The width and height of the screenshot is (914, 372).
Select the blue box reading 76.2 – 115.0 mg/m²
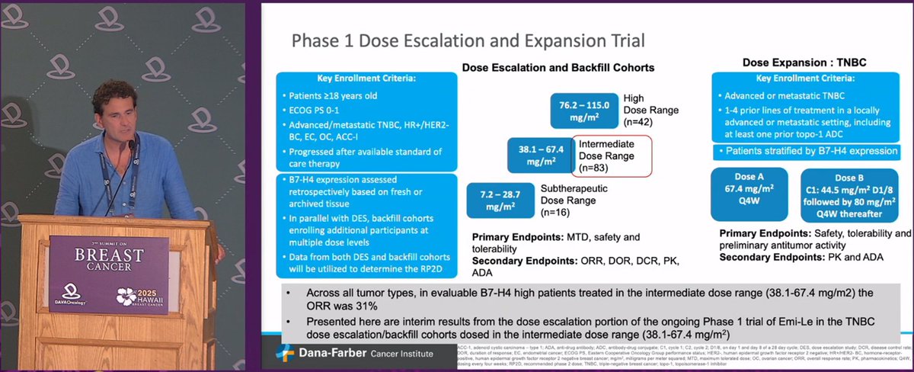[x=582, y=112]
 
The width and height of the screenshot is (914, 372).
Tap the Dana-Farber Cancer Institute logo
[x=351, y=353]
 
